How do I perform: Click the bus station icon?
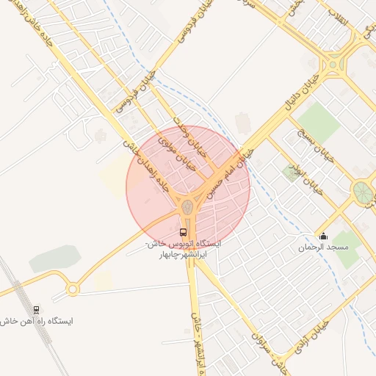[183, 233]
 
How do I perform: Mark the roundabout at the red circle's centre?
[188, 206]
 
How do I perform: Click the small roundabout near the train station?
[72, 289]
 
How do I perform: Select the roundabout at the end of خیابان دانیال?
[334, 65]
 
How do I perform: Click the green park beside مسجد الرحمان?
[345, 246]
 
